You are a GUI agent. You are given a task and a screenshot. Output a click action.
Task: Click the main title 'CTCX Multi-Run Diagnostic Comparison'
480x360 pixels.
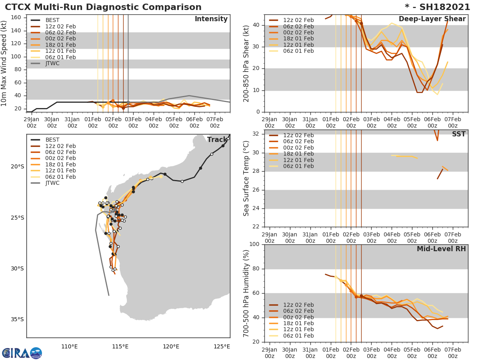click(x=103, y=7)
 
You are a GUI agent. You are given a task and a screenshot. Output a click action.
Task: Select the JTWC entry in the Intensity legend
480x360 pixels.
click(x=52, y=63)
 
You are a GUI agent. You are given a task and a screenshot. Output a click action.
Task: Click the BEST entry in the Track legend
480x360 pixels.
click(x=52, y=140)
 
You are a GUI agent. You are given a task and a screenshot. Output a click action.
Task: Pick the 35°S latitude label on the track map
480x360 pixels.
click(x=17, y=319)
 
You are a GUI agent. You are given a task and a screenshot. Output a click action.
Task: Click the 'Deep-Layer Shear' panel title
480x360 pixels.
click(x=432, y=19)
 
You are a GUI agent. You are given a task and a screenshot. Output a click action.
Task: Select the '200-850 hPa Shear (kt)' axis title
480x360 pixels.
click(x=246, y=63)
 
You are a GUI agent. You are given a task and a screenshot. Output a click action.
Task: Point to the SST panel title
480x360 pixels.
click(x=458, y=134)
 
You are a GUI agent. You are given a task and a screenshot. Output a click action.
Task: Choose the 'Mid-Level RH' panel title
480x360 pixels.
click(x=441, y=249)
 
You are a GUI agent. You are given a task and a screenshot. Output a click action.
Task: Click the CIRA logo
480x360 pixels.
click(x=22, y=353)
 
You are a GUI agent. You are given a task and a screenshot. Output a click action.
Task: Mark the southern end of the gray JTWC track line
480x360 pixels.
click(x=109, y=295)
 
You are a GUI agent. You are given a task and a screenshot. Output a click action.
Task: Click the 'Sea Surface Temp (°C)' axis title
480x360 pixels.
click(x=246, y=178)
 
